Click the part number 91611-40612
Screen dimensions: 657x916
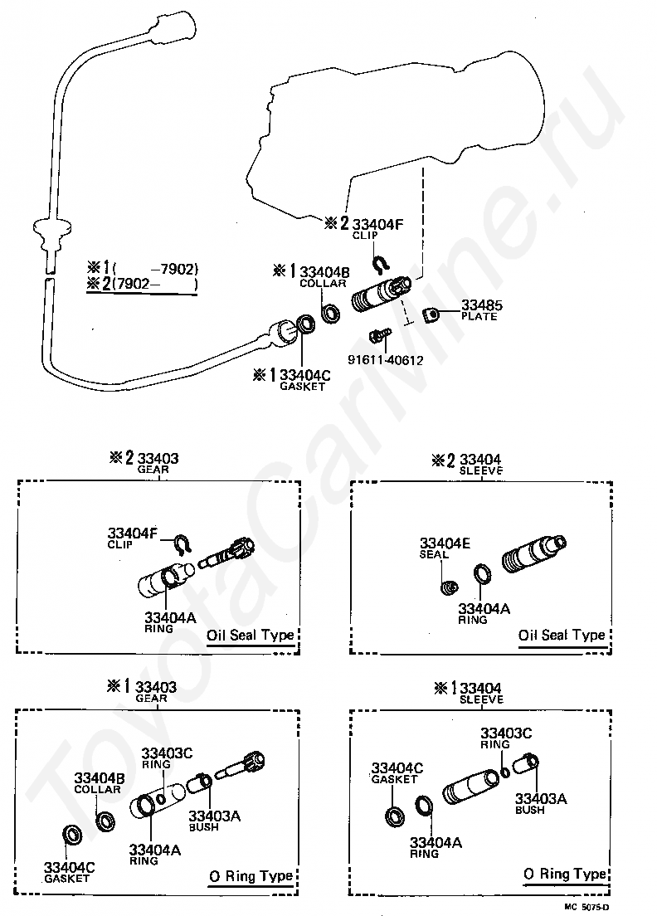click(386, 360)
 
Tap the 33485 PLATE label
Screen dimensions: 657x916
click(481, 309)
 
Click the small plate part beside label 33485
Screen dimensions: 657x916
click(432, 315)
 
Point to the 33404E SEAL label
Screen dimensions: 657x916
click(445, 548)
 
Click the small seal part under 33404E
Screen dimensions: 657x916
click(449, 587)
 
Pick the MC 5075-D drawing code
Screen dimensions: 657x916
click(586, 907)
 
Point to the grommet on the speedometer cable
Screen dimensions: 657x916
click(51, 228)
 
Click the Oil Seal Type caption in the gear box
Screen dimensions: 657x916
click(250, 635)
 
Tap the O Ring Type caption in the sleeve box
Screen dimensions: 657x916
click(564, 874)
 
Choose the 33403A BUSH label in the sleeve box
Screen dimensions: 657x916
click(540, 803)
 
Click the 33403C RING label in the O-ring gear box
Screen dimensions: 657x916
click(167, 758)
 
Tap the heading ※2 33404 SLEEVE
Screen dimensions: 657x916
click(466, 464)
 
